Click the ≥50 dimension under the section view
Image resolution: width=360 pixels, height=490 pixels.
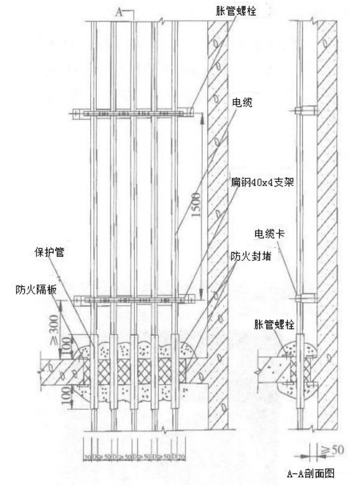(x=333, y=451)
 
